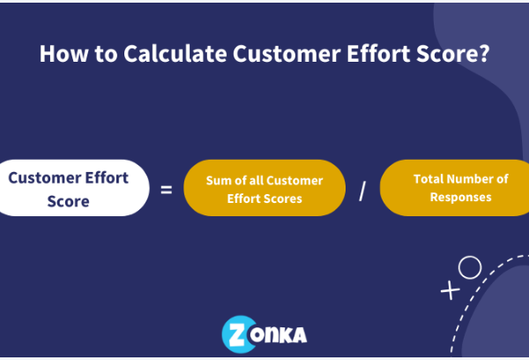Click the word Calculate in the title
click(175, 53)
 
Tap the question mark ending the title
click(484, 53)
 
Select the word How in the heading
click(63, 53)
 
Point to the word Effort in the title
click(378, 53)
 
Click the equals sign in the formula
click(167, 190)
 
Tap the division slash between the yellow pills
click(362, 191)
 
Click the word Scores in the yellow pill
click(283, 199)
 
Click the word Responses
click(460, 198)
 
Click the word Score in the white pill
click(68, 201)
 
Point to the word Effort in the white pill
click(107, 177)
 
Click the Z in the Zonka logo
click(237, 334)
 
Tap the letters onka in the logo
click(278, 334)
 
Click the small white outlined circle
click(470, 267)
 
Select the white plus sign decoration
click(451, 290)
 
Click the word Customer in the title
click(287, 53)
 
